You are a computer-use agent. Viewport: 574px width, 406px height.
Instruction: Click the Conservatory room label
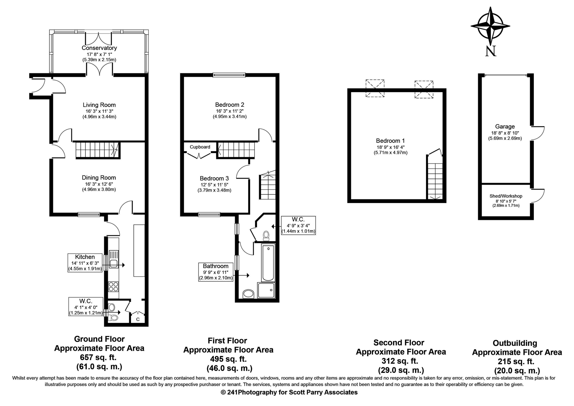(x=99, y=48)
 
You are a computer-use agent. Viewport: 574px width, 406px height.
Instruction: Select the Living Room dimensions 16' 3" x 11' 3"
(x=100, y=111)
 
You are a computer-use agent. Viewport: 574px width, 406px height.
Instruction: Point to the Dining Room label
(x=99, y=178)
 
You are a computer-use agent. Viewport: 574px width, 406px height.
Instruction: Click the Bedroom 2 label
(x=230, y=105)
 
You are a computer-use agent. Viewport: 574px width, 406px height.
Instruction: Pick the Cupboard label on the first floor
(x=200, y=147)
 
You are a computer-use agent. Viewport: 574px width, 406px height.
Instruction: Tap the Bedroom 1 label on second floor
(x=390, y=141)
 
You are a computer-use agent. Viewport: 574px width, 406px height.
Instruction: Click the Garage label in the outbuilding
(x=505, y=127)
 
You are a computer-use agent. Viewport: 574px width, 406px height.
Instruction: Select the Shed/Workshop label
(x=506, y=196)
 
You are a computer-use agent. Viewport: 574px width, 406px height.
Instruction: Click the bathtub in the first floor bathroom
(x=268, y=263)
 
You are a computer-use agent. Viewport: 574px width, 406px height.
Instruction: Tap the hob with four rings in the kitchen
(x=113, y=286)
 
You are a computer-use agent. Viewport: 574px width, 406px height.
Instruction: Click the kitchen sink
(x=114, y=259)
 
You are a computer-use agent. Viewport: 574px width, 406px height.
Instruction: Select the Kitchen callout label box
(x=85, y=263)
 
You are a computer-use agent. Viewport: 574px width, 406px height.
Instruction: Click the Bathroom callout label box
(x=216, y=272)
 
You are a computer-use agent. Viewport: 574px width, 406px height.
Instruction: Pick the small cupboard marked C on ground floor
(x=138, y=318)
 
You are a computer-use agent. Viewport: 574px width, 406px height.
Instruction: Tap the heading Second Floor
(x=399, y=342)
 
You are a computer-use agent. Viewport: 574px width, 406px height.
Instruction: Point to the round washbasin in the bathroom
(x=248, y=294)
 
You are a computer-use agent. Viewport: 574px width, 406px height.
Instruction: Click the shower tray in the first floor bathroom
(x=266, y=290)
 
